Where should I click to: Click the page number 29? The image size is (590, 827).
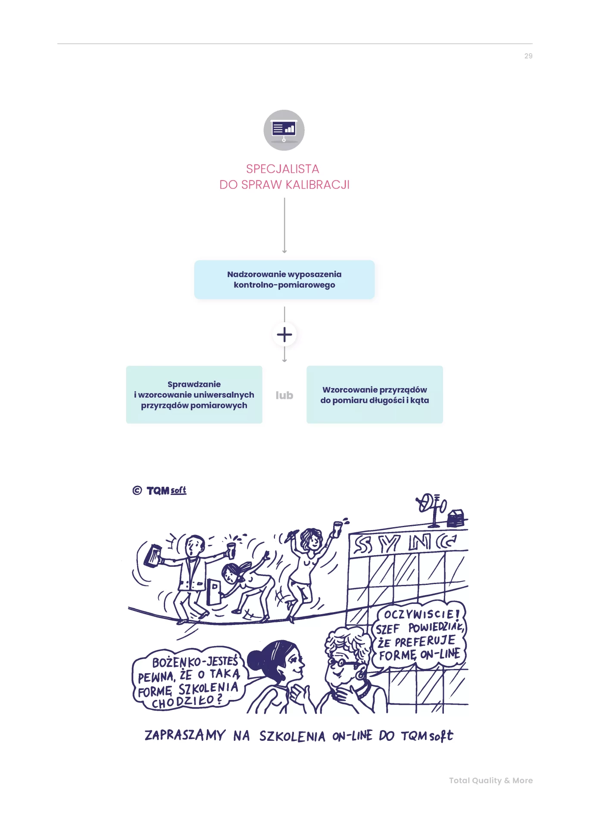(x=528, y=56)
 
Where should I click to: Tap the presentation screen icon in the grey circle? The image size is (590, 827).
(x=284, y=129)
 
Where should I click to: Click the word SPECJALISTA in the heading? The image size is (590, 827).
(x=282, y=169)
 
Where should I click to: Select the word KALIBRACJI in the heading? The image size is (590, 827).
(x=317, y=185)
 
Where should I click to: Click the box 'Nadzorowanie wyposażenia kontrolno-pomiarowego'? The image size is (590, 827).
(x=284, y=280)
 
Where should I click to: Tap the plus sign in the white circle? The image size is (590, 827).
(x=284, y=335)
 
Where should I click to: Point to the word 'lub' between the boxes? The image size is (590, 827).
(x=284, y=395)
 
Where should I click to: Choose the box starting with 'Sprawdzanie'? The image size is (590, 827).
(x=194, y=395)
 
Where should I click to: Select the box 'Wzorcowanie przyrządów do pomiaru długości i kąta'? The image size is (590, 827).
(x=375, y=395)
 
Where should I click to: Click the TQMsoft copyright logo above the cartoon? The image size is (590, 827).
(x=160, y=491)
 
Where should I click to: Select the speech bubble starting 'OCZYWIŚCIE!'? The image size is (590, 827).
(x=419, y=635)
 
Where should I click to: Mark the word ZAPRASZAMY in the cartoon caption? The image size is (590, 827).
(x=185, y=735)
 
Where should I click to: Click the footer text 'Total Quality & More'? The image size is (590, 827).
(x=490, y=780)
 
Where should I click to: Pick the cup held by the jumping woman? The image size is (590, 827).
(x=337, y=528)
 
